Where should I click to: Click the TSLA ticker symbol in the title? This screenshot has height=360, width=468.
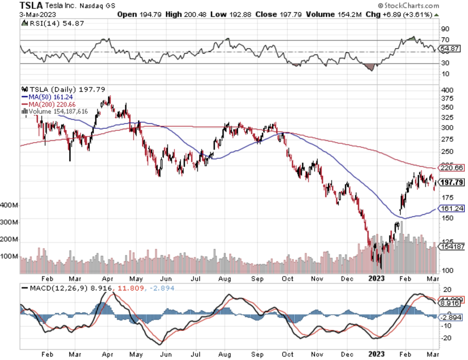(x=31, y=5)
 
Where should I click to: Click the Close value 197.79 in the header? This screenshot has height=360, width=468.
(x=290, y=14)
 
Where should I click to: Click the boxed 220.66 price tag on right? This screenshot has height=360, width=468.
(x=452, y=168)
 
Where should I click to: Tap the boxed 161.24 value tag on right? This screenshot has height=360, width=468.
(x=452, y=208)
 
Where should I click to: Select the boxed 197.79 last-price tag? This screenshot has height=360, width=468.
(x=452, y=182)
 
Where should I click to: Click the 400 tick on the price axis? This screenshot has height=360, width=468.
(x=447, y=90)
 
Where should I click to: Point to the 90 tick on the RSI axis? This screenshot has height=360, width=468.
(x=445, y=29)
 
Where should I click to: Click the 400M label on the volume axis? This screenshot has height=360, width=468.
(x=9, y=205)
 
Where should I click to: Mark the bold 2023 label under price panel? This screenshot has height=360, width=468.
(x=376, y=278)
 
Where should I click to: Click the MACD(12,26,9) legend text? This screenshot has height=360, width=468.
(x=59, y=288)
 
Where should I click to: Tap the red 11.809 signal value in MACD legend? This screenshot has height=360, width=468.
(x=130, y=288)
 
